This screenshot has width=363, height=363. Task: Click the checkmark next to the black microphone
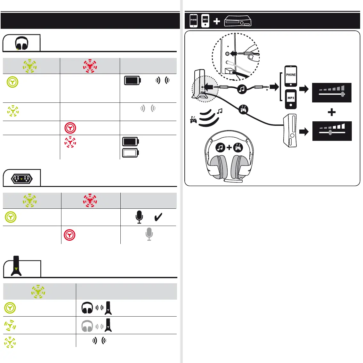pos(158,217)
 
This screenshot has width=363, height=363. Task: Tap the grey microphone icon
pos(149,234)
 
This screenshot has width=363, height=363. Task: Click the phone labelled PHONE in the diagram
pos(291,76)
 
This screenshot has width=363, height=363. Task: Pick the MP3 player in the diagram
pos(291,99)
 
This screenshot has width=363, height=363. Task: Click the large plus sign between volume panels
pos(332,112)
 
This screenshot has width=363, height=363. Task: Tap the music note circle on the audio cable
pos(242,89)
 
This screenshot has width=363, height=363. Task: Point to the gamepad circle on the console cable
pos(244,110)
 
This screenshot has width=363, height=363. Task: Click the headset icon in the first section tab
pos(22,43)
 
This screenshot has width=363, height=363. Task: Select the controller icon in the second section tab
pos(21,179)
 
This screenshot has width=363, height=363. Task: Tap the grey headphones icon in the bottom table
pos(87,326)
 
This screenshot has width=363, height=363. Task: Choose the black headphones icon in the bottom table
pos(87,308)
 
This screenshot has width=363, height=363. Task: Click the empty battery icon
pos(130,153)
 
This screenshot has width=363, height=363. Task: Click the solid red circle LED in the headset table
pos(70,128)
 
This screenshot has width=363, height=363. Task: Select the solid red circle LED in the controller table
pos(69,235)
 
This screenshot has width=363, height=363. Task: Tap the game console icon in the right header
pos(238,21)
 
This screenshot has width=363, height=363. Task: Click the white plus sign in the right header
pos(217,21)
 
